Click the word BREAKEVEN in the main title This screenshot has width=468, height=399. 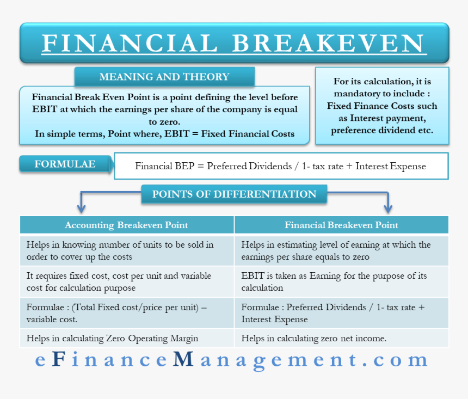pyautogui.click(x=329, y=43)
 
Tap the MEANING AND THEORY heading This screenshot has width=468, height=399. pyautogui.click(x=164, y=77)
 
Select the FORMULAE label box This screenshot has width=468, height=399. pyautogui.click(x=65, y=164)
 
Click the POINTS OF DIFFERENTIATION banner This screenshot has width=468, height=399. pyautogui.click(x=235, y=194)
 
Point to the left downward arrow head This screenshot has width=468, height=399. pyautogui.click(x=81, y=209)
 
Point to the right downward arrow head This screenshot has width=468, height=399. pyautogui.click(x=387, y=209)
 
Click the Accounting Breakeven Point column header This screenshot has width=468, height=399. pyautogui.click(x=127, y=225)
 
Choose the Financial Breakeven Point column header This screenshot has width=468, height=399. pyautogui.click(x=341, y=225)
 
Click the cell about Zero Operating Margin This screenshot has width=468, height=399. pyautogui.click(x=127, y=339)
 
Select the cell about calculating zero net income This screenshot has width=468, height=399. pyautogui.click(x=341, y=339)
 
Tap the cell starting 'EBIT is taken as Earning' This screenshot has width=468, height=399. pyautogui.click(x=341, y=281)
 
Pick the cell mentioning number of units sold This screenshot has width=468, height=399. pyautogui.click(x=127, y=250)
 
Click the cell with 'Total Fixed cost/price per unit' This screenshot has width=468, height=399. pyautogui.click(x=127, y=313)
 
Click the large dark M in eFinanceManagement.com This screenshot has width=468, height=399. pyautogui.click(x=183, y=359)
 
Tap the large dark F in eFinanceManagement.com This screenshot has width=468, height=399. pyautogui.click(x=59, y=359)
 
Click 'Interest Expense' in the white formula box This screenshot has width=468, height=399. pyautogui.click(x=390, y=167)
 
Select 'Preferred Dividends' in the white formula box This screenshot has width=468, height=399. pyautogui.click(x=249, y=166)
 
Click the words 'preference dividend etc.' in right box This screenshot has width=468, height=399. pyautogui.click(x=382, y=130)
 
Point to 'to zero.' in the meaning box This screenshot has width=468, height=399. pyautogui.click(x=164, y=122)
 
